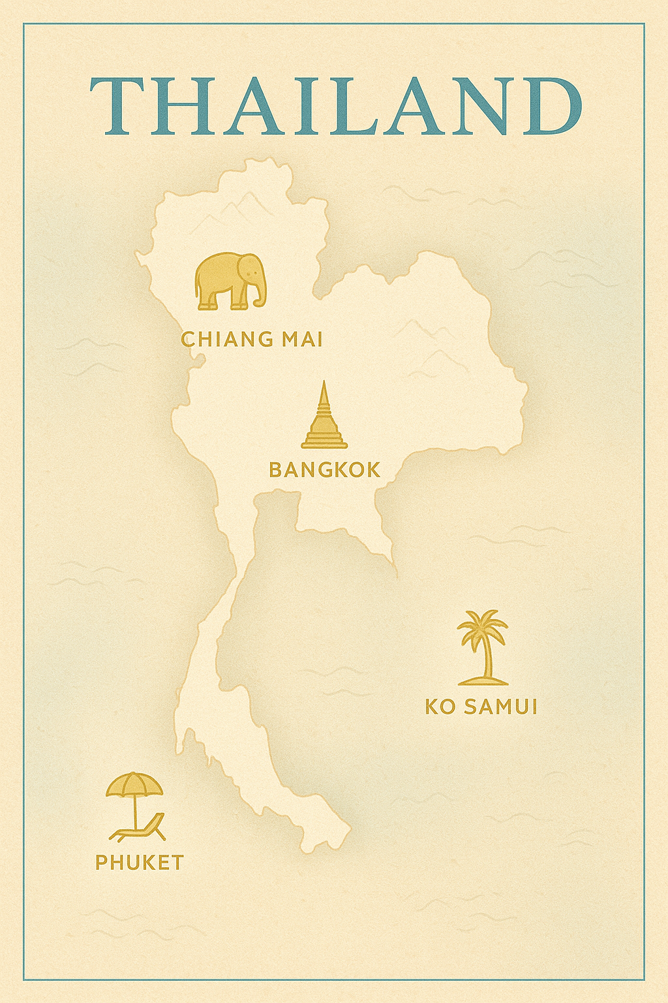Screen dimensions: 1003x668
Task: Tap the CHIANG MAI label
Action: click(x=252, y=339)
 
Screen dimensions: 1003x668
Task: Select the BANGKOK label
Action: click(x=324, y=470)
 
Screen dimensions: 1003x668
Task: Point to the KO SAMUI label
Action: click(x=481, y=707)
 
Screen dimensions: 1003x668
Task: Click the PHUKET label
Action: click(x=140, y=862)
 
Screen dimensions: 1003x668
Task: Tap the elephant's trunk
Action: click(x=262, y=294)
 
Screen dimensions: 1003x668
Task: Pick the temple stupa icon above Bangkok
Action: click(x=324, y=418)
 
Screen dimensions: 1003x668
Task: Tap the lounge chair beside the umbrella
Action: click(x=140, y=830)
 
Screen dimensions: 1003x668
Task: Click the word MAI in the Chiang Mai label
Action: click(x=302, y=339)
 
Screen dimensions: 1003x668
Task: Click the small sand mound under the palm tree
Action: click(x=483, y=681)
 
